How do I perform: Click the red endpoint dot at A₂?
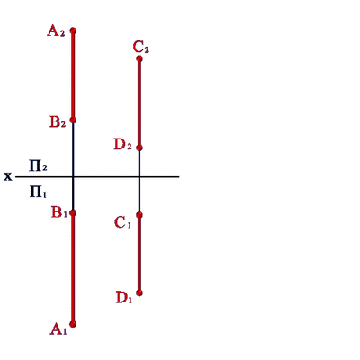coord(73,31)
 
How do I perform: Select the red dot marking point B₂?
coord(73,121)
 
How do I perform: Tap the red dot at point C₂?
coord(139,58)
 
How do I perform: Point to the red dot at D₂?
coord(139,148)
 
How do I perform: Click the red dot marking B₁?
coord(73,213)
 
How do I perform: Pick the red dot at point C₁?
coord(139,215)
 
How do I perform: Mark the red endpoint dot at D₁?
coord(139,293)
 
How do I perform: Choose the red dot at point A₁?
coord(73,324)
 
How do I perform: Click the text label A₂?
coord(56,31)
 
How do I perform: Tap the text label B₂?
coord(58,122)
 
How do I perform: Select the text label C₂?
coord(141,48)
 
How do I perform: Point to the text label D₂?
coord(123,145)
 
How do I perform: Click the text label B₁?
coord(59,212)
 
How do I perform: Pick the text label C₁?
coord(122,223)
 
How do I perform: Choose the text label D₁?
coord(124,298)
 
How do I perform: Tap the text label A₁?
coord(58,329)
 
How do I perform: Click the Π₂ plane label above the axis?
coord(38,166)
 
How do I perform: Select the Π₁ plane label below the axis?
coord(38,192)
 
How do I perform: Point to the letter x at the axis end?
coord(8,177)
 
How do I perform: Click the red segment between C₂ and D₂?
coord(139,103)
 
